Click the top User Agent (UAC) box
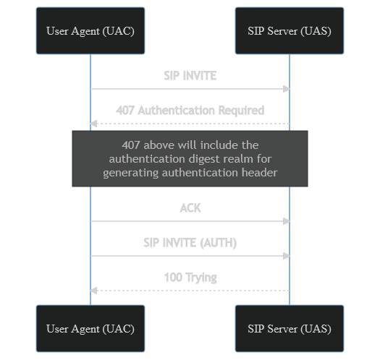pyautogui.click(x=90, y=31)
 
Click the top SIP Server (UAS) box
pyautogui.click(x=290, y=31)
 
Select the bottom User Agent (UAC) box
pyautogui.click(x=90, y=328)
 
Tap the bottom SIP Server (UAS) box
pyautogui.click(x=290, y=328)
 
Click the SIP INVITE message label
pyautogui.click(x=190, y=76)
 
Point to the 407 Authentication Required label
pyautogui.click(x=190, y=111)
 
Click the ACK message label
pyautogui.click(x=190, y=208)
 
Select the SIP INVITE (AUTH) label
pyautogui.click(x=190, y=243)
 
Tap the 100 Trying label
pyautogui.click(x=190, y=278)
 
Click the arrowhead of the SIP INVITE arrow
pyautogui.click(x=287, y=89)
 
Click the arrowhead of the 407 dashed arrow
pyautogui.click(x=93, y=124)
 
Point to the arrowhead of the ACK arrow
pyautogui.click(x=287, y=221)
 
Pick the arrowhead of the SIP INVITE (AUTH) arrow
pyautogui.click(x=287, y=256)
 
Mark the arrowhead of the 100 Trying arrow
pyautogui.click(x=93, y=291)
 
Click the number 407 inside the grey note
pyautogui.click(x=131, y=145)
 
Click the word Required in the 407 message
pyautogui.click(x=241, y=111)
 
